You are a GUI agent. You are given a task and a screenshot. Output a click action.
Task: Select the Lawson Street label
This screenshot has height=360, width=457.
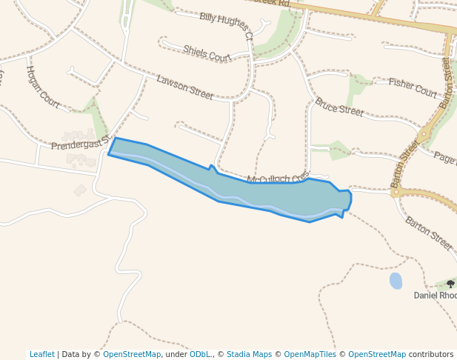[x=184, y=87]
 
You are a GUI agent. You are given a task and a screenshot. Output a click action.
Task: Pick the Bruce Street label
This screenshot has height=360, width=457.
[x=339, y=107]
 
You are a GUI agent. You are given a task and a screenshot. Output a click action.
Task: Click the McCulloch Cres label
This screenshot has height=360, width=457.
[x=278, y=179]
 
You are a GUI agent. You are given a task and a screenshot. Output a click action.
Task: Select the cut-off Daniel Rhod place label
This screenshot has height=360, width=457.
[x=435, y=295]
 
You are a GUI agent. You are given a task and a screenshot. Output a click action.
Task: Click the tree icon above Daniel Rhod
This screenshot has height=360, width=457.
[x=450, y=284]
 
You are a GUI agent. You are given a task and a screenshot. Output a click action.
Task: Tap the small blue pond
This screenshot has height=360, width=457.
[x=396, y=281]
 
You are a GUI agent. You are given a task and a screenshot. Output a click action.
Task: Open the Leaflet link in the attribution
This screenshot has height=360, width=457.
[x=41, y=354]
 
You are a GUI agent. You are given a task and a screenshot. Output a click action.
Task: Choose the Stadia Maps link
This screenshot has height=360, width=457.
[x=249, y=354]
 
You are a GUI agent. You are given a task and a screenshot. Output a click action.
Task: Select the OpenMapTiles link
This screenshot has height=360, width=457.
[x=311, y=354]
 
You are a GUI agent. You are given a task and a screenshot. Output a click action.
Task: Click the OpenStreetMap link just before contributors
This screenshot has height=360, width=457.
[x=376, y=354]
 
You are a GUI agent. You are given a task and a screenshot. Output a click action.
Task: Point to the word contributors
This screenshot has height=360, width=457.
[x=430, y=354]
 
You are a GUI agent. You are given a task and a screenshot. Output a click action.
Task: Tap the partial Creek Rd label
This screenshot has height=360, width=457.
[x=268, y=3]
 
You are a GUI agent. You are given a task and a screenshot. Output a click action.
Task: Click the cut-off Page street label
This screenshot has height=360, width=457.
[x=444, y=157]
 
